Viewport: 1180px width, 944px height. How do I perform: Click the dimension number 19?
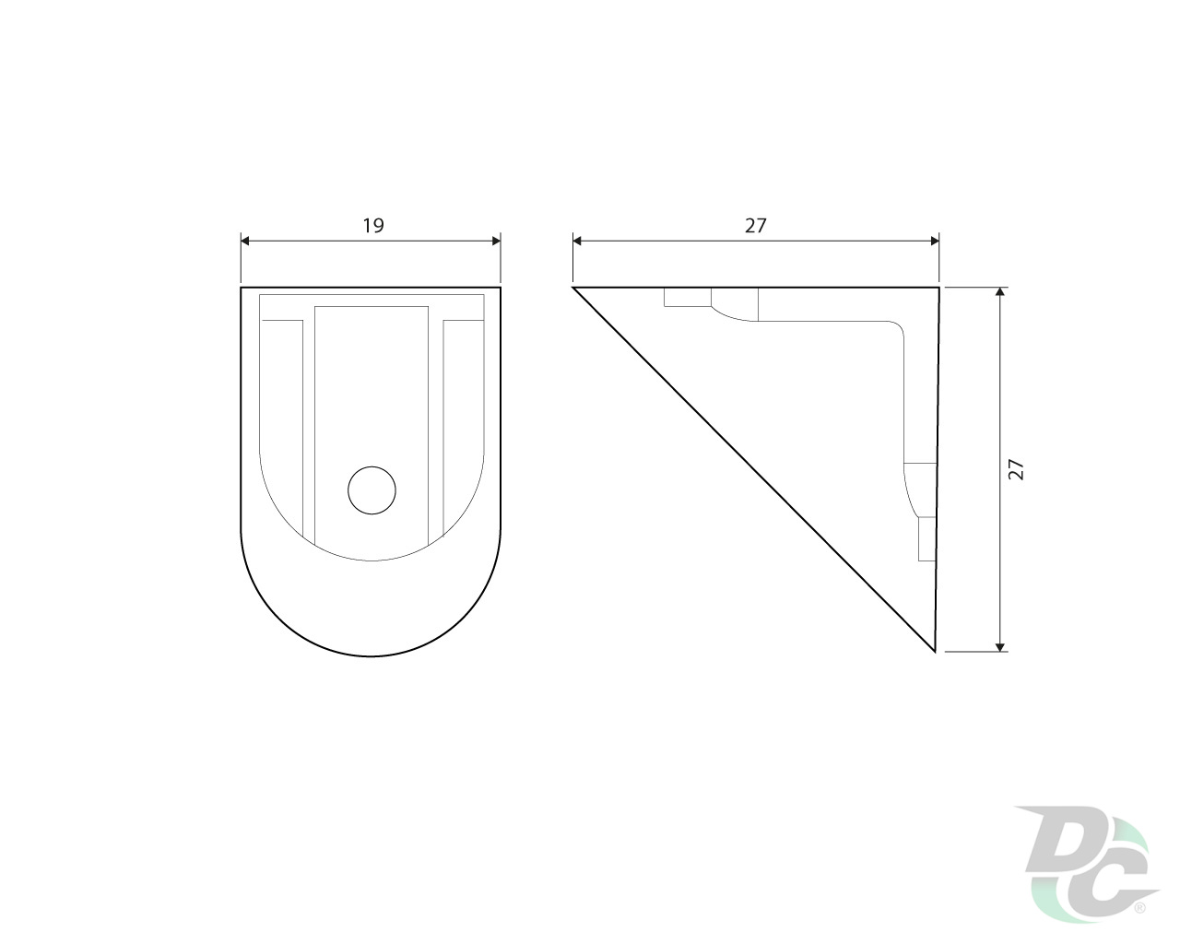[373, 226]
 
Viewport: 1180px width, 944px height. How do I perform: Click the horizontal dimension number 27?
[755, 226]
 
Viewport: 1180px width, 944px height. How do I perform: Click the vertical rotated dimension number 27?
[1016, 469]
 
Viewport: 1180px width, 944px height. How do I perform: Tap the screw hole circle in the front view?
[372, 490]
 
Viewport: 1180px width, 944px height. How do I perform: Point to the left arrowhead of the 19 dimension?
[245, 241]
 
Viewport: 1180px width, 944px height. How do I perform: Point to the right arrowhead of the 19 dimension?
[496, 241]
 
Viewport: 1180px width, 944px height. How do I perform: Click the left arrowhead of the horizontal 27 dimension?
[577, 241]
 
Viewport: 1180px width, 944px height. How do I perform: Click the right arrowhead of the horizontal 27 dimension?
[935, 241]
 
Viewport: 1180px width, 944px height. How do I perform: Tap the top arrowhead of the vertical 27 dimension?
[1001, 291]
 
